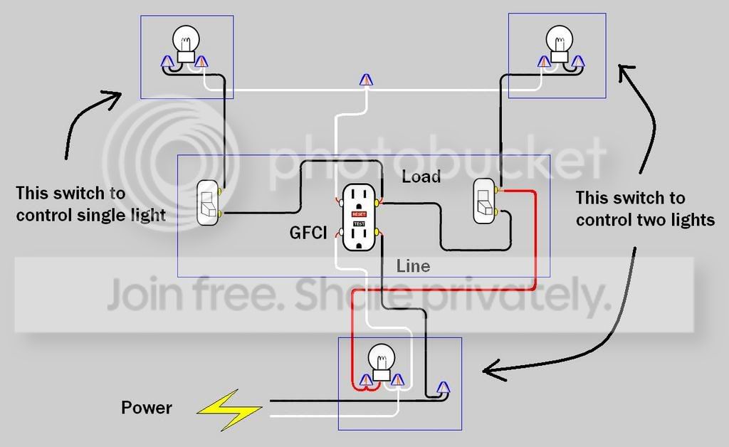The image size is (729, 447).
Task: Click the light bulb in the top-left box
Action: click(x=186, y=43)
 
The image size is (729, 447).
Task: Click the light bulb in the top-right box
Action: click(x=560, y=43)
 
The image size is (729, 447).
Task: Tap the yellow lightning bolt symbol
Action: click(x=229, y=409)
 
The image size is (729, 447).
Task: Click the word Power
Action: click(x=147, y=408)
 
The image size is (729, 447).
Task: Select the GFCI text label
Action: click(x=308, y=232)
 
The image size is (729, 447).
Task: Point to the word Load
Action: click(x=421, y=177)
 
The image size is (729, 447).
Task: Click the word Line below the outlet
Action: click(x=413, y=266)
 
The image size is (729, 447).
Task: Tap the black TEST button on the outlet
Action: click(x=359, y=224)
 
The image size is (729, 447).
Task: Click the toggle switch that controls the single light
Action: click(x=207, y=203)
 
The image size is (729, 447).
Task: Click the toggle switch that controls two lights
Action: click(x=484, y=201)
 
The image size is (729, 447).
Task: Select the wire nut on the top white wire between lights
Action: click(x=367, y=80)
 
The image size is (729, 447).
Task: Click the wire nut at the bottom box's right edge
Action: click(x=443, y=387)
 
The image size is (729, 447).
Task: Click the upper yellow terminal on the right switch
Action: click(x=498, y=189)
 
